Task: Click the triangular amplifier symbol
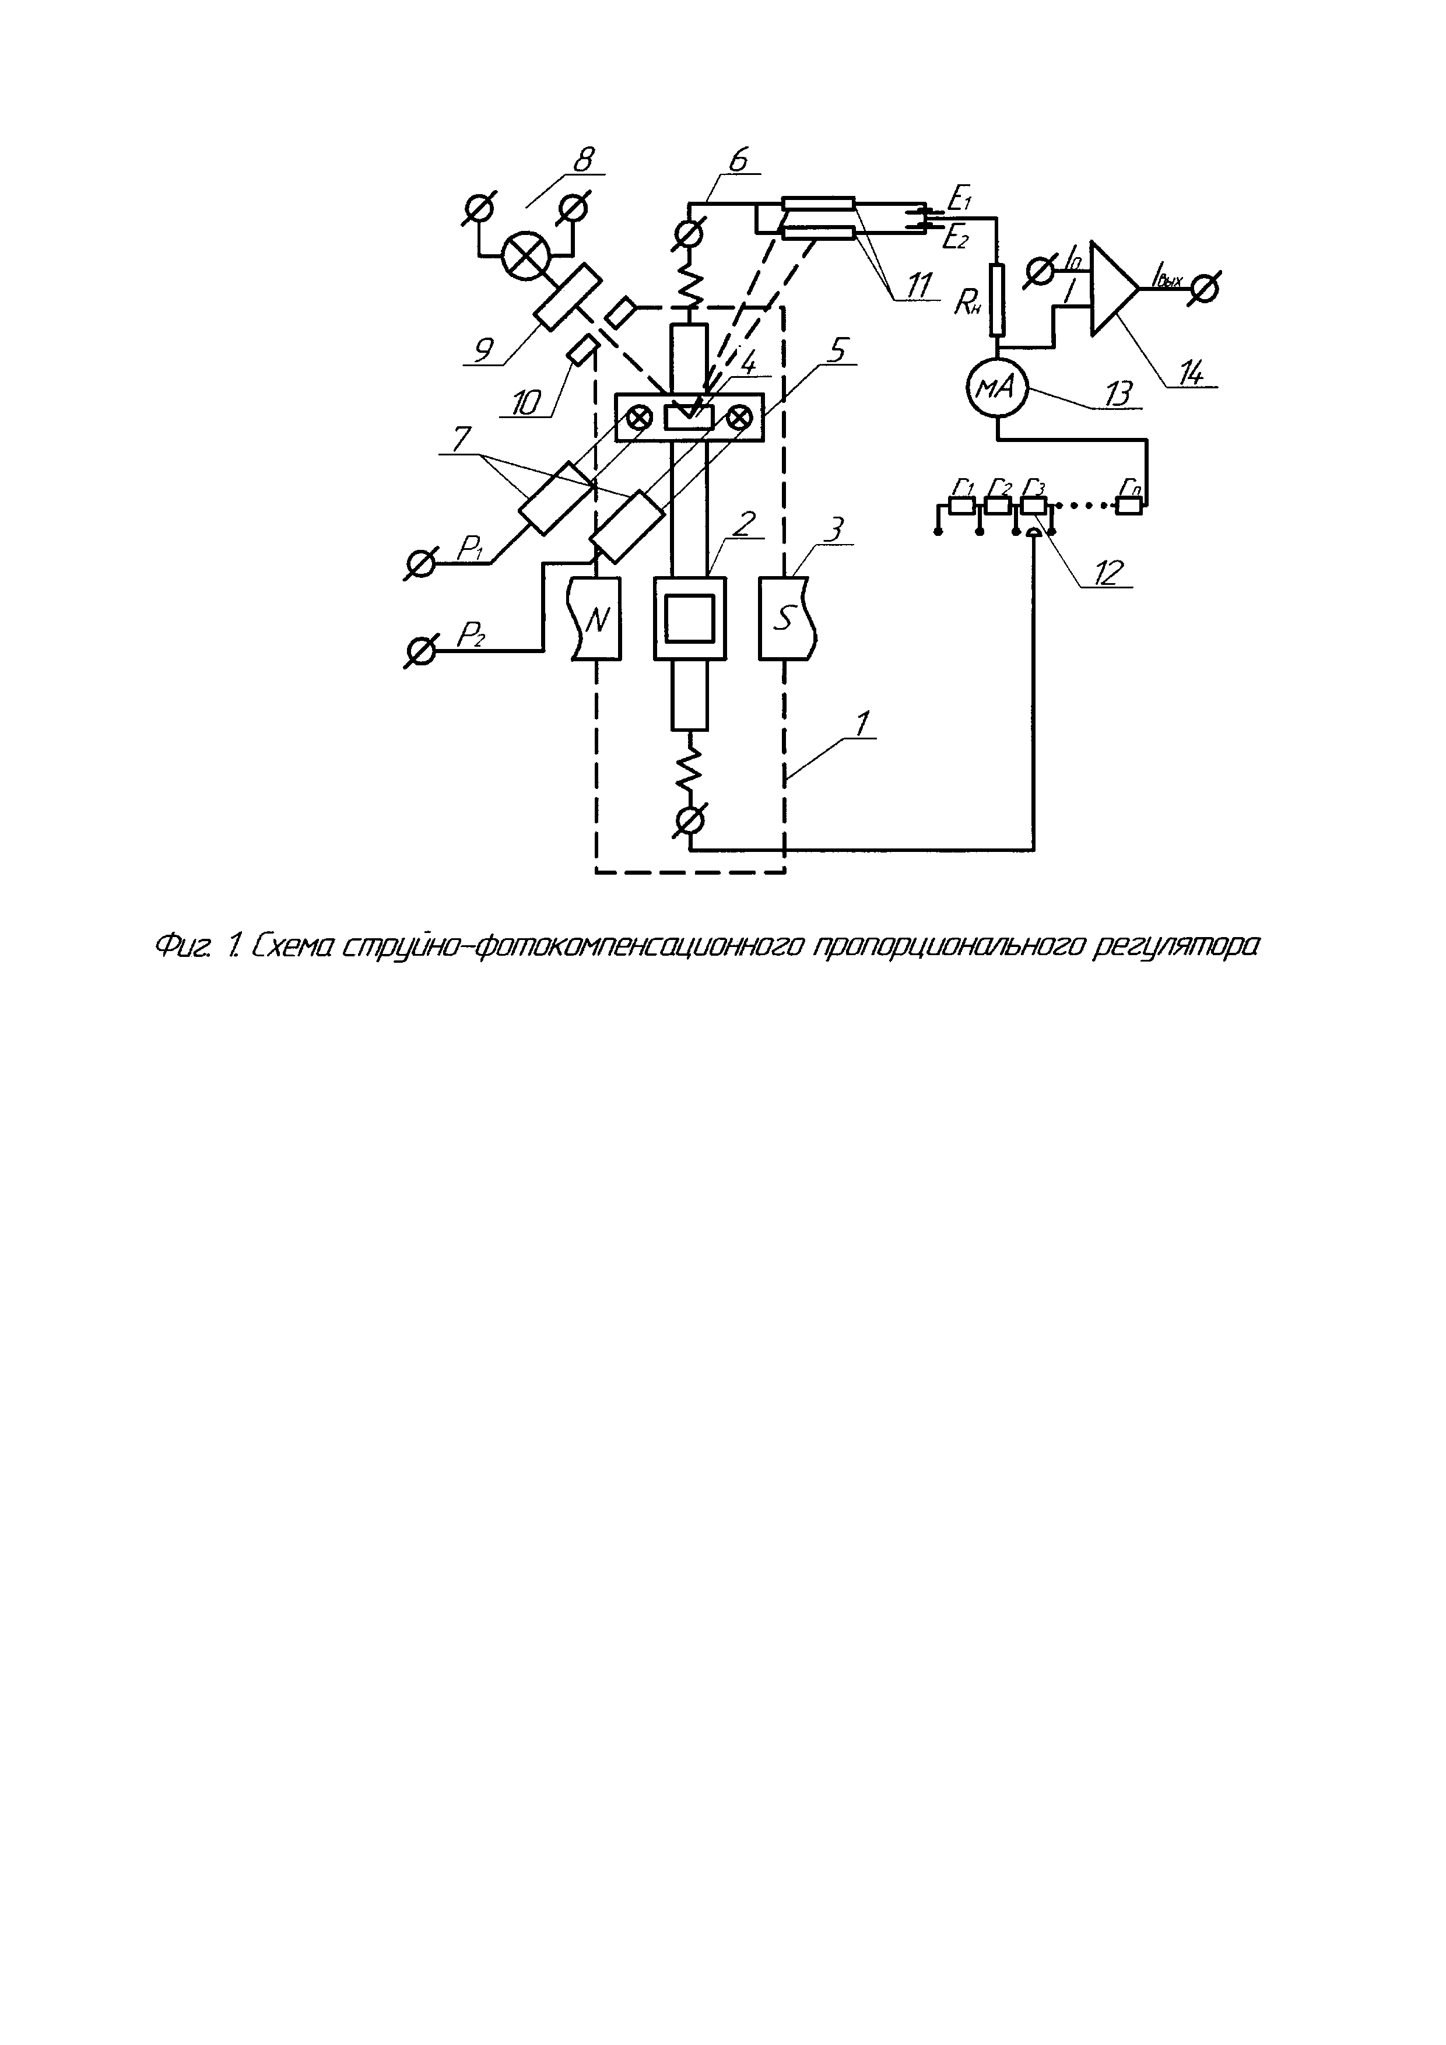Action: click(1114, 289)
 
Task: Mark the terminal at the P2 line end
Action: click(419, 652)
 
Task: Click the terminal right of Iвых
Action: click(1206, 287)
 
